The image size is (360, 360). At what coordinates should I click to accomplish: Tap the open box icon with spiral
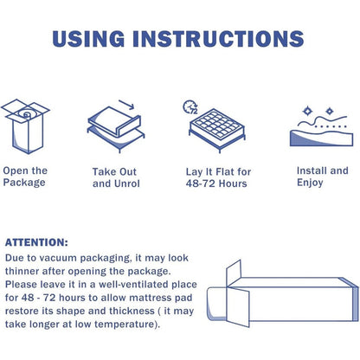(x=25, y=126)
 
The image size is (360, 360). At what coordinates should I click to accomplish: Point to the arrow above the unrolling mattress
(x=126, y=105)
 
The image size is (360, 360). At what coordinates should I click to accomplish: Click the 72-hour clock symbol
(x=190, y=107)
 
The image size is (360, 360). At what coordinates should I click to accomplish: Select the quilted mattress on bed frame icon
(x=217, y=131)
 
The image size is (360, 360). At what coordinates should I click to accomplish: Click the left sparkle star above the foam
(x=307, y=111)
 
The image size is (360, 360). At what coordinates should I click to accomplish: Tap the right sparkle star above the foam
(x=330, y=111)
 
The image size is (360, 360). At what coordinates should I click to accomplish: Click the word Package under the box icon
(x=24, y=183)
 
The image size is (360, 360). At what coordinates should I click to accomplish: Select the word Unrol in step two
(x=127, y=183)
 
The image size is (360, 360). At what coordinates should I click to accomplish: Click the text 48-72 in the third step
(x=200, y=183)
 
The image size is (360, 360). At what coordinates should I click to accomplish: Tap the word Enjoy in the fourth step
(x=310, y=183)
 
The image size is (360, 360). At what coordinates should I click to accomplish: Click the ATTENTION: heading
(x=36, y=242)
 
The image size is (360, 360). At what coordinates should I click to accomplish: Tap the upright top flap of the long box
(x=234, y=273)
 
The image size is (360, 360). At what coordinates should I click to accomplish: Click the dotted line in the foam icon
(x=331, y=126)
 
